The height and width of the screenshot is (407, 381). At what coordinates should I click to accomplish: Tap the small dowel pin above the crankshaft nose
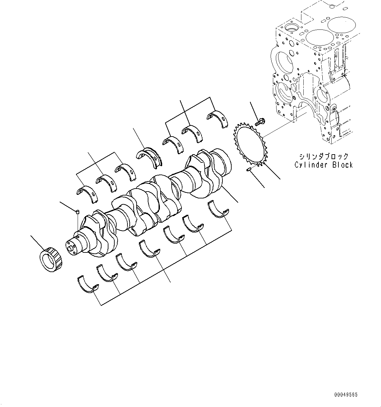[x=78, y=212]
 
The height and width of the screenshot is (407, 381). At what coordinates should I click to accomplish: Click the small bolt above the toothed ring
[x=259, y=122]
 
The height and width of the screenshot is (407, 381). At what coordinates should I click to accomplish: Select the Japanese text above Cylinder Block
[x=324, y=157]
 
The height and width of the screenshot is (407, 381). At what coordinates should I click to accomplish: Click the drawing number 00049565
[x=346, y=395]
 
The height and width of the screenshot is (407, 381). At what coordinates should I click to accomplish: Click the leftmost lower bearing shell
[x=88, y=284]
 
